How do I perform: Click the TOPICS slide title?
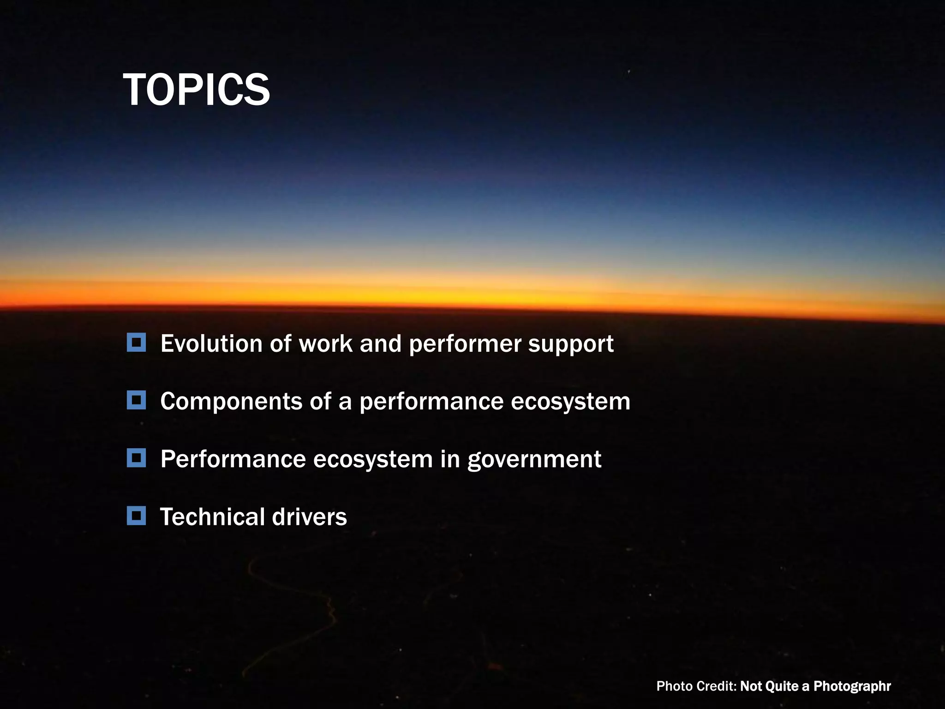[x=196, y=90]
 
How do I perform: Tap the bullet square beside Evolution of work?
[x=136, y=343]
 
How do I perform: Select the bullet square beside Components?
[x=136, y=400]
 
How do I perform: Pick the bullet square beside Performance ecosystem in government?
[x=136, y=458]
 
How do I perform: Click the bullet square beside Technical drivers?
[x=136, y=516]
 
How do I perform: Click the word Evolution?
[x=211, y=344]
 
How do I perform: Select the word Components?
[x=231, y=402]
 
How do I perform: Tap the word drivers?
[x=309, y=517]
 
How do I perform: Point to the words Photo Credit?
[x=696, y=686]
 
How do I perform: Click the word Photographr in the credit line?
[x=852, y=687]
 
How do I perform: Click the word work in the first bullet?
[x=325, y=344]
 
